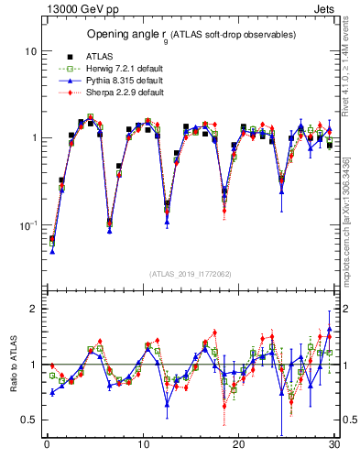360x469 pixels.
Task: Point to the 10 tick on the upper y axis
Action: (29, 51)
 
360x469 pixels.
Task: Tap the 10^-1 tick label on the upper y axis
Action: (27, 224)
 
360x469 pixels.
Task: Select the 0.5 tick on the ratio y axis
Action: (28, 420)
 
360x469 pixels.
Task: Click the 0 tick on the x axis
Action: (47, 447)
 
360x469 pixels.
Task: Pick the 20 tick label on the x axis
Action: (238, 447)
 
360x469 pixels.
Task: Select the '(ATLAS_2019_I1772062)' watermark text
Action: (191, 274)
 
